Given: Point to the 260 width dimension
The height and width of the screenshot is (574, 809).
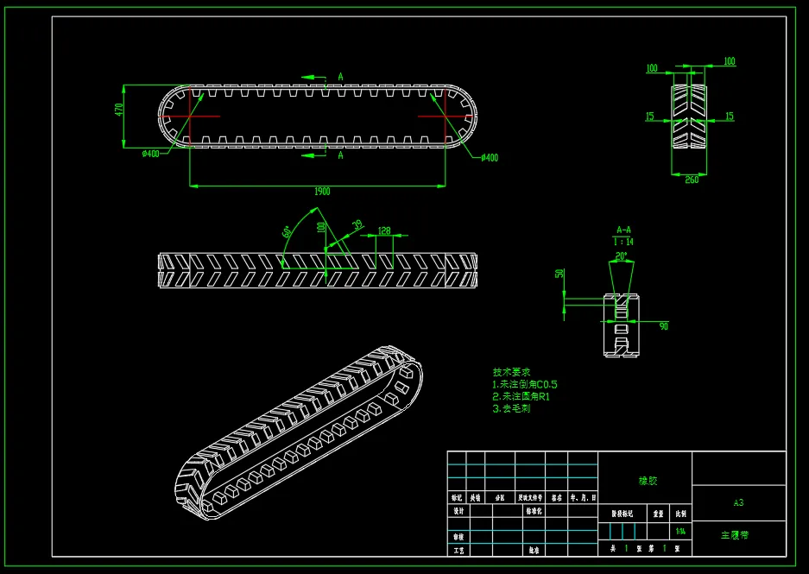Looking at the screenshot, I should (692, 180).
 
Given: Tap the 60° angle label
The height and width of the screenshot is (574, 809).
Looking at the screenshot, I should (287, 232).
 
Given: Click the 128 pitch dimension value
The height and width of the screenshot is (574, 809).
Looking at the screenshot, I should (384, 230).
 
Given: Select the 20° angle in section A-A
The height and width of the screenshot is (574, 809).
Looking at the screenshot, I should (622, 256).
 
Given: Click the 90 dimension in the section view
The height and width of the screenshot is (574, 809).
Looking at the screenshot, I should (664, 325).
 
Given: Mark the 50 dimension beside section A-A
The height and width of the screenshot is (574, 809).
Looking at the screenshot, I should (559, 274).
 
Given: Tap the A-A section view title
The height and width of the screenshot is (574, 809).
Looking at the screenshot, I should (623, 230).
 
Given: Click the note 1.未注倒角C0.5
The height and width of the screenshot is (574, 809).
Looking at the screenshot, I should (524, 384).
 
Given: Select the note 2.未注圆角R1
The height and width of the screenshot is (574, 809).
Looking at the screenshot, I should (521, 396).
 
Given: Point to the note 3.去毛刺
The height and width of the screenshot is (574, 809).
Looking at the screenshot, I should (511, 408).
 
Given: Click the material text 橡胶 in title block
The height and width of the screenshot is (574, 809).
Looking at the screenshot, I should (647, 481).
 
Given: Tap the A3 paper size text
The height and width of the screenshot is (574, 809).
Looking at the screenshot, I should (738, 501).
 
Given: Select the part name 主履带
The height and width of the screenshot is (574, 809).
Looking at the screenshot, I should (735, 535).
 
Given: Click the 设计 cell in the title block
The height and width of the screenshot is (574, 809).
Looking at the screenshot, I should (458, 511).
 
